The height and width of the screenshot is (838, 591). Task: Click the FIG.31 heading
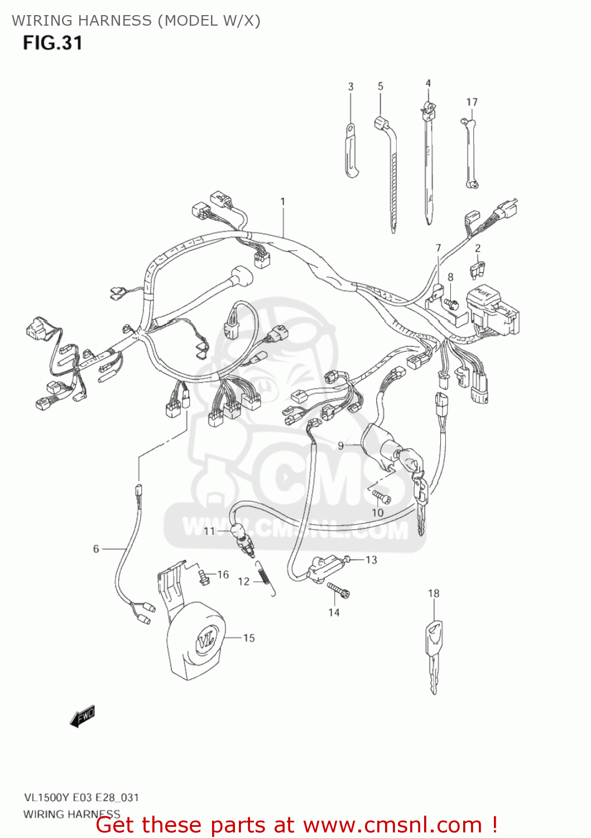click(52, 43)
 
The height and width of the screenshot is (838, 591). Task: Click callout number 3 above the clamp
click(350, 87)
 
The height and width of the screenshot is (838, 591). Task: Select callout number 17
click(472, 102)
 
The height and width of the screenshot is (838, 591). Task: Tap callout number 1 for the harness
click(283, 202)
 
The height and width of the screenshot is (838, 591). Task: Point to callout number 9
click(341, 445)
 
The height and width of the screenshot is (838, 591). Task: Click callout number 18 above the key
click(434, 593)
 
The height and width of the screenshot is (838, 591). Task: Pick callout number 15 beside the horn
click(249, 638)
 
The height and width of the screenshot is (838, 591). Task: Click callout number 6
click(96, 549)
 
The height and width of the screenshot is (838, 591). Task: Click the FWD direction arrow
click(83, 716)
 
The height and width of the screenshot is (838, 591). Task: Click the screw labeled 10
click(381, 496)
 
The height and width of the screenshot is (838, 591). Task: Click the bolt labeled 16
click(204, 577)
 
